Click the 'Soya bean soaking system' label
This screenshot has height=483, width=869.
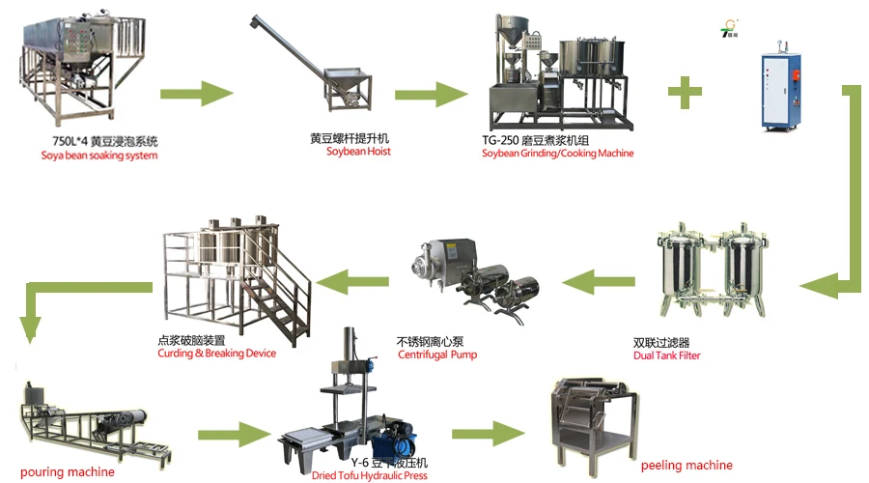[98, 155]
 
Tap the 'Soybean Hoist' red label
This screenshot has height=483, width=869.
[358, 152]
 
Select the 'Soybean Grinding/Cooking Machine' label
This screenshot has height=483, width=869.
[557, 153]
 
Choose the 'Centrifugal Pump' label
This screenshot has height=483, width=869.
[436, 355]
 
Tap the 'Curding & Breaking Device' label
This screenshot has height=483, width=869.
[216, 354]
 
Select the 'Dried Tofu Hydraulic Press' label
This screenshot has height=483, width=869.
[370, 475]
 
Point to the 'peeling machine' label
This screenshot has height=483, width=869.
[687, 466]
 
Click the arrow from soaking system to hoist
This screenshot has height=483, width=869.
[197, 93]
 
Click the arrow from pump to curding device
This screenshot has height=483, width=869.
[354, 281]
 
